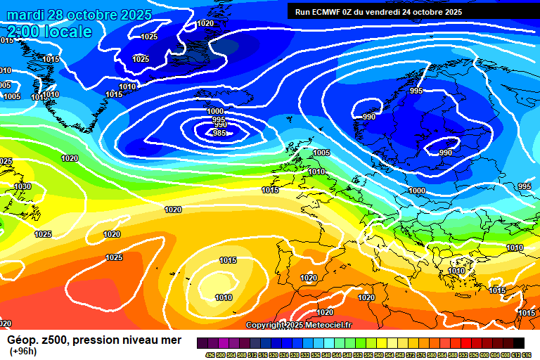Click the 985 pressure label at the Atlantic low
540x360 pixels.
(220, 133)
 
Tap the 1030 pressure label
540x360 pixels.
(23, 186)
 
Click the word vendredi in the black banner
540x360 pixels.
(379, 12)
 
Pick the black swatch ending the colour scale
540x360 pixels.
(519, 342)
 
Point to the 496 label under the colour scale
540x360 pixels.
(210, 355)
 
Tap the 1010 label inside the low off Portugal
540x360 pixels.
(224, 297)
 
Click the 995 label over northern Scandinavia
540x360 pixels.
(416, 91)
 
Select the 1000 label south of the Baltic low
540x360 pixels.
(417, 191)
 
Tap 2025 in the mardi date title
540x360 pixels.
(136, 15)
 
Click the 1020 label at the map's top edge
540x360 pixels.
(205, 23)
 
